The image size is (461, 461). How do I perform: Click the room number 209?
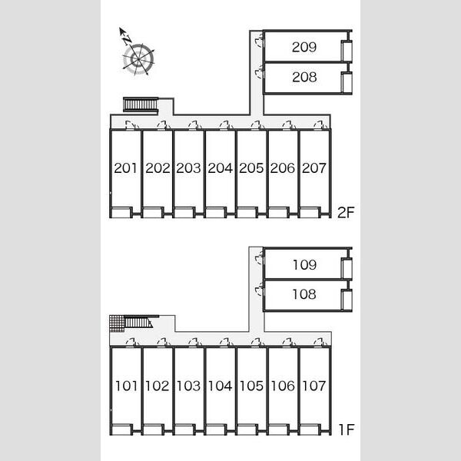tap(304, 47)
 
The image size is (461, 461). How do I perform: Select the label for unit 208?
tap(304, 77)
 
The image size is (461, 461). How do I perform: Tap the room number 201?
tap(125, 168)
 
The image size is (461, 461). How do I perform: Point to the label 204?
tap(221, 168)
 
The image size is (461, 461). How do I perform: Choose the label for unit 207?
tap(314, 168)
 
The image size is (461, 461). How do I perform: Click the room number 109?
tap(304, 265)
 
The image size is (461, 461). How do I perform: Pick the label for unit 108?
tap(304, 294)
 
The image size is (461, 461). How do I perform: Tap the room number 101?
tap(126, 386)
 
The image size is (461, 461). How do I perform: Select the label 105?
tap(251, 386)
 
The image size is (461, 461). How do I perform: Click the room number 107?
tap(314, 386)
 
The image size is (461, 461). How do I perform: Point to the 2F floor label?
tap(346, 213)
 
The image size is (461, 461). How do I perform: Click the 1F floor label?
tap(347, 429)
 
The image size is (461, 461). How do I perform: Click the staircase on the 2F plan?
tap(141, 104)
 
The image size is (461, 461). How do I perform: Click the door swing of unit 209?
tap(259, 40)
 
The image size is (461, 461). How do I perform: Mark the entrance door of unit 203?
tap(194, 125)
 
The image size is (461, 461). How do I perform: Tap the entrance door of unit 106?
tap(289, 343)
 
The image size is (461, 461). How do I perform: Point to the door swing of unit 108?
tap(260, 288)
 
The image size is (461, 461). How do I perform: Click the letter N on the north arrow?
tap(128, 40)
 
